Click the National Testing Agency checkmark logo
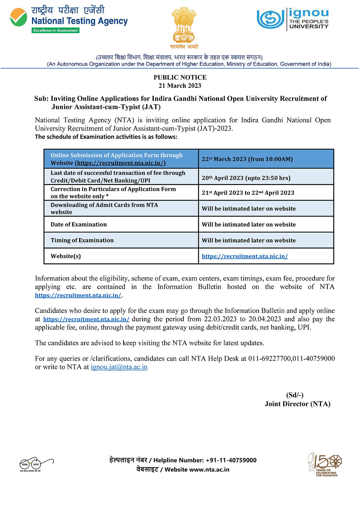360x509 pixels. (x=18, y=17)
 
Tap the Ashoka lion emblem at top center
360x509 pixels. (x=184, y=26)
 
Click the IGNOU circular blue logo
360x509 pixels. (x=270, y=19)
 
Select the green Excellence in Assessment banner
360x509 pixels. (x=55, y=30)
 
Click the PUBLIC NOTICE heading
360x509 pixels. (x=180, y=77)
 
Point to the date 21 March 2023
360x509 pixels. (x=180, y=86)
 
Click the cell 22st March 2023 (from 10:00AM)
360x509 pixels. (x=247, y=159)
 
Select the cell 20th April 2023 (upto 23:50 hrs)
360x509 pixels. (x=246, y=178)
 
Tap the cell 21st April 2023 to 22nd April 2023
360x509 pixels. (x=248, y=193)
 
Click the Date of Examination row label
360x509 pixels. (x=79, y=224)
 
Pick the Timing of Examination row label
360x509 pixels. (x=82, y=240)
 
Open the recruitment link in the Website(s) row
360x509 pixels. (x=245, y=256)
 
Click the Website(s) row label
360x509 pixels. (x=66, y=256)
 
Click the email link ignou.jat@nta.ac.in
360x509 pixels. (x=119, y=367)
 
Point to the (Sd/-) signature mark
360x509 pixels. (x=295, y=395)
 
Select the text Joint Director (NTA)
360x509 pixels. (x=298, y=404)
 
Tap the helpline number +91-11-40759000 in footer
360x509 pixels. (x=231, y=460)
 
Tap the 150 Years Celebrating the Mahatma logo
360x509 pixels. (x=325, y=464)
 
